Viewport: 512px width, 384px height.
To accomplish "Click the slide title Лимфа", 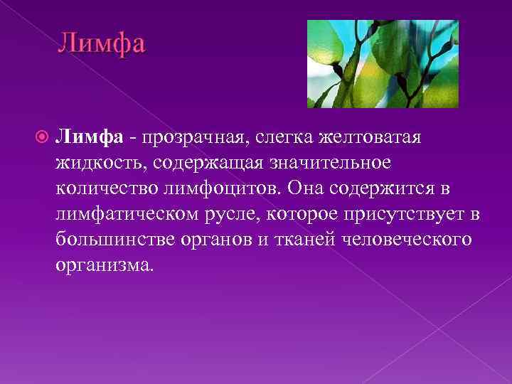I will pos(101,43).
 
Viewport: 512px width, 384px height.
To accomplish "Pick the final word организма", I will pos(103,265).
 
